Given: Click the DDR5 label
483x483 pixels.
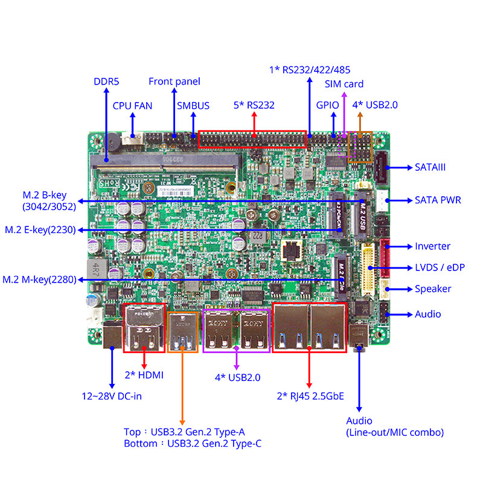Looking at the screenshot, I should click(x=107, y=81).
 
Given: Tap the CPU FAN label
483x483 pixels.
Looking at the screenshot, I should click(x=132, y=106).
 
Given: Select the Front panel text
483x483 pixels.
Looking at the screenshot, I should click(x=174, y=81).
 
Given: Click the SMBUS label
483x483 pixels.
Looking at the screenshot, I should click(x=193, y=106).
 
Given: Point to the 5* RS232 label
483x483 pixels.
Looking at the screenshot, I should click(x=254, y=105).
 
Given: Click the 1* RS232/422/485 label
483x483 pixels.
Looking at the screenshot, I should click(x=310, y=69).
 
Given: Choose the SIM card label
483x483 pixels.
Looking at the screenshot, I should click(x=344, y=84).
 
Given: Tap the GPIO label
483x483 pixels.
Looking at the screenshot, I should click(x=328, y=105).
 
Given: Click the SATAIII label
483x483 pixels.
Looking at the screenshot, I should click(x=430, y=167).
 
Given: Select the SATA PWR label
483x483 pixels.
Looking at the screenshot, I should click(x=438, y=200).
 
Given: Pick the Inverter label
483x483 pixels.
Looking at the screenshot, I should click(x=432, y=246).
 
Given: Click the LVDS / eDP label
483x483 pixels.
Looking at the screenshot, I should click(x=440, y=267).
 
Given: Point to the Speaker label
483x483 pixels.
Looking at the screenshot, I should click(x=433, y=289).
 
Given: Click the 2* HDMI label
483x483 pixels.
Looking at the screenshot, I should click(x=144, y=375).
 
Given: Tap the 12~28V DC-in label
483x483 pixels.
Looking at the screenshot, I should click(x=112, y=397).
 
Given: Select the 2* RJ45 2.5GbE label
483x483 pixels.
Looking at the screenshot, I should click(x=310, y=396).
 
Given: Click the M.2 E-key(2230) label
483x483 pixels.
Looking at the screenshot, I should click(x=40, y=230).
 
